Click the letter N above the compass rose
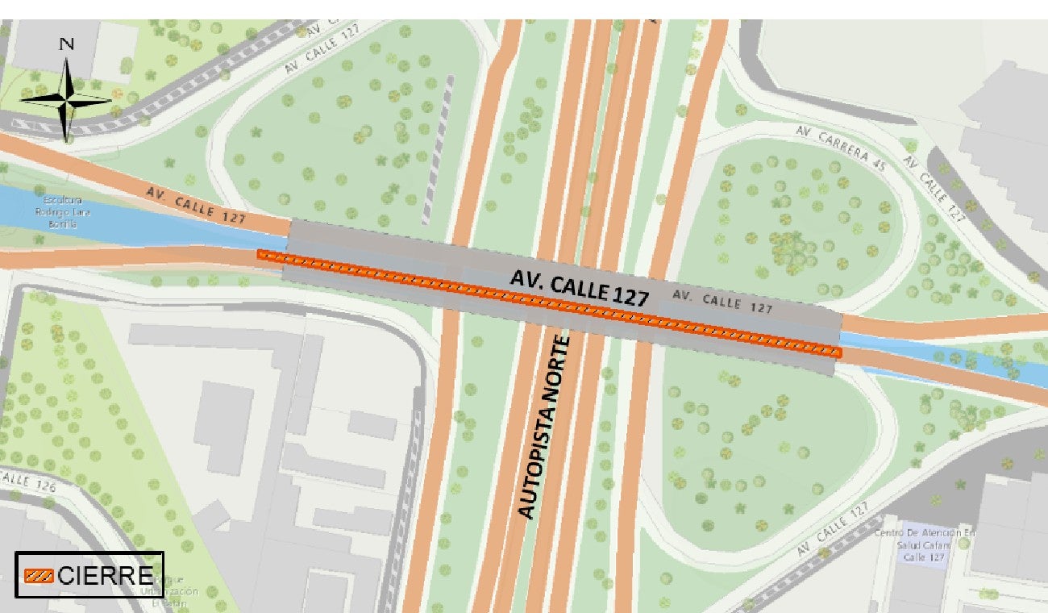pos(68,44)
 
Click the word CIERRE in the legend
pos(105,576)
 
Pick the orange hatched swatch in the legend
pos(39,576)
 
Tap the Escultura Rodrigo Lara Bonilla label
pos(57,211)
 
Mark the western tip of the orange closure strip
pos(260,254)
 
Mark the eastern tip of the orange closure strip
pos(838,352)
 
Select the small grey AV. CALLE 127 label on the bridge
pos(722,302)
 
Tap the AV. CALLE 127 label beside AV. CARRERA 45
pos(934,187)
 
